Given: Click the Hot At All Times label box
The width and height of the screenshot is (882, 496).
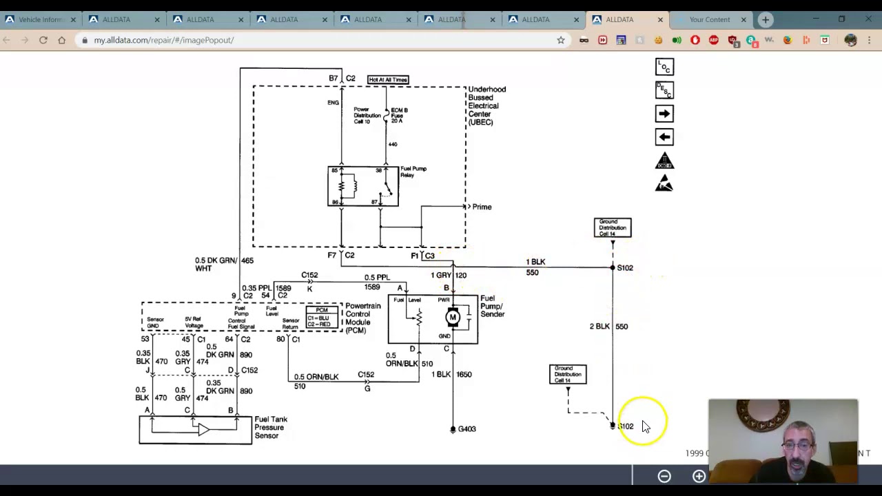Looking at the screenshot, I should [388, 80].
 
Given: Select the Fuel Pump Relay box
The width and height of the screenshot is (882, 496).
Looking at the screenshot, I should [363, 186].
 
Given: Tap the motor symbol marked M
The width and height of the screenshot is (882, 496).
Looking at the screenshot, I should [453, 318].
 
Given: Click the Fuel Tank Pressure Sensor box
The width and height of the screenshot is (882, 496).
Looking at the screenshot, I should [196, 431].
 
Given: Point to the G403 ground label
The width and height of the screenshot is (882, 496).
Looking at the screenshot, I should [466, 429].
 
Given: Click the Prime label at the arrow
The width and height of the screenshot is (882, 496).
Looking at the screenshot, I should [482, 207].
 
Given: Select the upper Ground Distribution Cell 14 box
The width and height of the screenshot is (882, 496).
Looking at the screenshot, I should [613, 227].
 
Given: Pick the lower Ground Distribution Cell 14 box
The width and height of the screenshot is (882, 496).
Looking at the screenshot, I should [568, 374].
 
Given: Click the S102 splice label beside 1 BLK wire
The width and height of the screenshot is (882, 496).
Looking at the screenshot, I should [625, 268].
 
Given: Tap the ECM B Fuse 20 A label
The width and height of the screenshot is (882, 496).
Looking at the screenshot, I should [399, 115].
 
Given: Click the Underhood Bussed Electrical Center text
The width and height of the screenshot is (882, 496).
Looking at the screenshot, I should [486, 105].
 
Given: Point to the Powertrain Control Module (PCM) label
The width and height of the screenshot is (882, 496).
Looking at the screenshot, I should [362, 318].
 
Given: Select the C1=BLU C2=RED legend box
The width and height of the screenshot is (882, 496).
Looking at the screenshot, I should [322, 317].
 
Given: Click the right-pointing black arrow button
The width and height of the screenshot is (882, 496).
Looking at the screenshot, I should [664, 114].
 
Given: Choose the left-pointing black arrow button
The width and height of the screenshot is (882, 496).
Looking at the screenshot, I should [664, 137].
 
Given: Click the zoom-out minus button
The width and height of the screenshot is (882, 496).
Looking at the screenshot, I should [664, 476].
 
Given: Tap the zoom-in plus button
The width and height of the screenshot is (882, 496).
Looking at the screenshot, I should [699, 476].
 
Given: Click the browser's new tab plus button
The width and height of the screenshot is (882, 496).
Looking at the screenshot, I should [766, 19].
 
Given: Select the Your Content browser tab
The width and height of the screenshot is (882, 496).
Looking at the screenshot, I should [709, 19].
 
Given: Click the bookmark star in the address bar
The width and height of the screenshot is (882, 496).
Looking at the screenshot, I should [561, 40].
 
